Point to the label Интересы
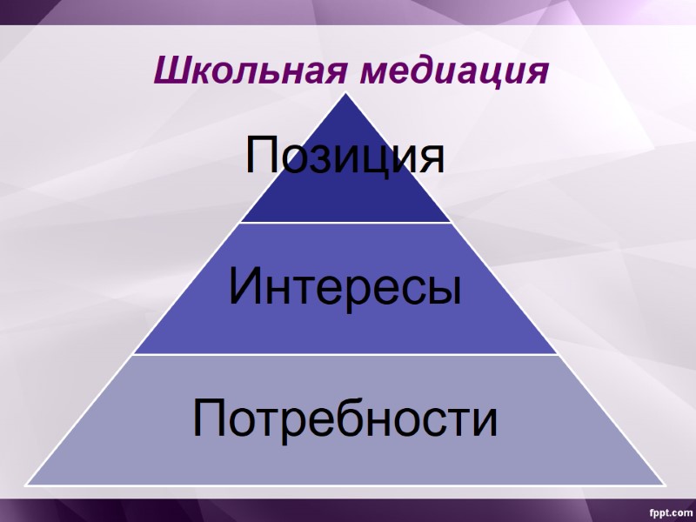pos(345,288)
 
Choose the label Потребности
pos(345,418)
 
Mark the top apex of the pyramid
pos(346,94)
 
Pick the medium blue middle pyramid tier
pos(346,331)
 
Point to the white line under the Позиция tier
pos(346,223)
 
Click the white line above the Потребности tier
pos(346,354)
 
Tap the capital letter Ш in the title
pos(169,70)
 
